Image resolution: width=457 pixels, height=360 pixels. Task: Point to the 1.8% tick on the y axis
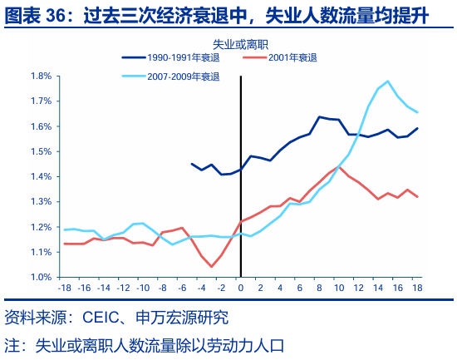(41, 76)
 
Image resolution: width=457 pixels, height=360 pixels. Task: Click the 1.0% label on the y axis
(41, 277)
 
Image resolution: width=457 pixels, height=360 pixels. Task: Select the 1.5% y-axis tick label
(41, 151)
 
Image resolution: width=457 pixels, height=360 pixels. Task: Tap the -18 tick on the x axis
(64, 288)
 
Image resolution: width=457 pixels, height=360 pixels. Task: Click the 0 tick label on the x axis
(241, 288)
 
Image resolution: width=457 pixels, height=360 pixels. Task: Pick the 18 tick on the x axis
(417, 288)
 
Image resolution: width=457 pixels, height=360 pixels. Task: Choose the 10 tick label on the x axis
(339, 288)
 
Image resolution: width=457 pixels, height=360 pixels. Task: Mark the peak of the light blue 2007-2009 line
(387, 81)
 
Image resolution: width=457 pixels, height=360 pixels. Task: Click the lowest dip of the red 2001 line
(212, 267)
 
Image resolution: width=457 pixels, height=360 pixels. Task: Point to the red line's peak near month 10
(339, 167)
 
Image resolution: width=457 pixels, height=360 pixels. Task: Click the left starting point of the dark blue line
(192, 164)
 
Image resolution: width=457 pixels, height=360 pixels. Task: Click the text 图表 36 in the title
(38, 15)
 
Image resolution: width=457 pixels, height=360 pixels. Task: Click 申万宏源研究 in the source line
(184, 318)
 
